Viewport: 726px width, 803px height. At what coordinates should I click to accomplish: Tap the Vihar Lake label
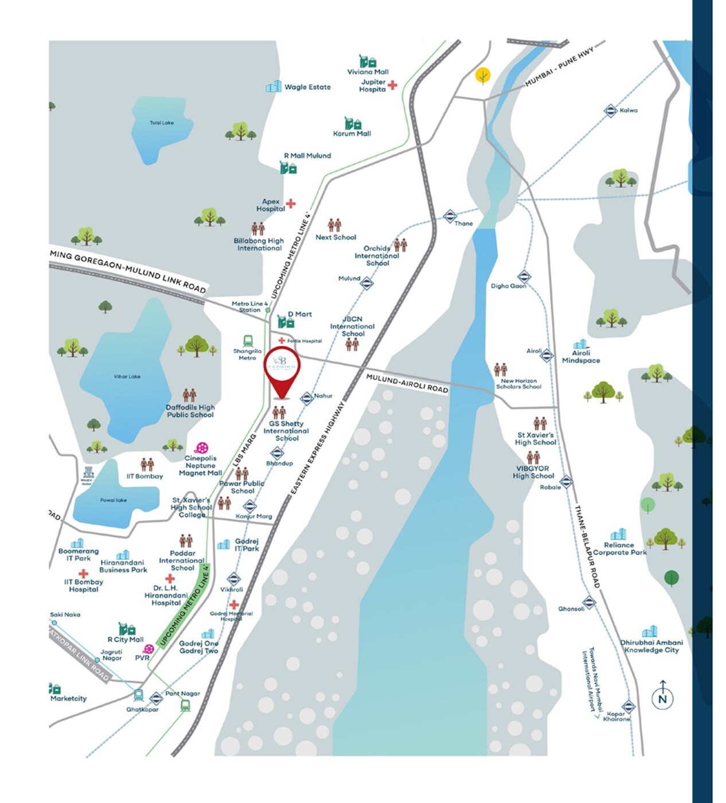coord(127,377)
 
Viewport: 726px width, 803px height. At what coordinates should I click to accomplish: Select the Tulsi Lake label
coord(162,123)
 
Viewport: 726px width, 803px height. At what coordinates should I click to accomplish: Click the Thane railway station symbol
coord(450,216)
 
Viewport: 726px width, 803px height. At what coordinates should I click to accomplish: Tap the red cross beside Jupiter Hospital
coord(392,85)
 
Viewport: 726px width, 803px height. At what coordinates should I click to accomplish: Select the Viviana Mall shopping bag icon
coord(368,61)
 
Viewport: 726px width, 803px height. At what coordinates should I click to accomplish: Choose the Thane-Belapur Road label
coord(587,547)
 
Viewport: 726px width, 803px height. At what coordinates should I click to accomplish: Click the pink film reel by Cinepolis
coord(201,448)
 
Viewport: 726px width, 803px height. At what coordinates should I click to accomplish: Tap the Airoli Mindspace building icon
coord(581,344)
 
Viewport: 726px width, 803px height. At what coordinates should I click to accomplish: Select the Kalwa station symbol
coord(611,111)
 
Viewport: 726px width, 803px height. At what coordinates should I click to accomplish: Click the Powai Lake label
coord(114,500)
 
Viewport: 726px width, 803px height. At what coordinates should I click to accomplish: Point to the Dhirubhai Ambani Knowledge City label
coord(651,646)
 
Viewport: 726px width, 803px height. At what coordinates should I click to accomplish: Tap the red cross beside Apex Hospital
coord(291,204)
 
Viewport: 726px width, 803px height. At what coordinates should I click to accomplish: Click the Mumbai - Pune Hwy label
coord(559,67)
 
